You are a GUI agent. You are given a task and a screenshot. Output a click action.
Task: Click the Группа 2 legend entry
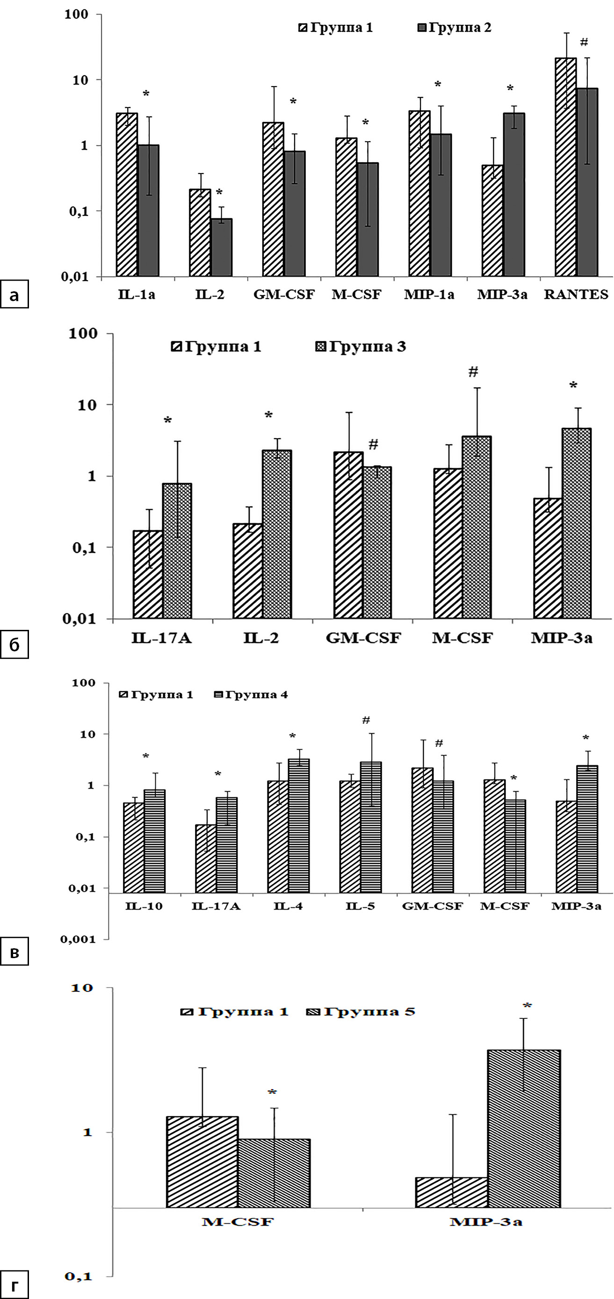454,28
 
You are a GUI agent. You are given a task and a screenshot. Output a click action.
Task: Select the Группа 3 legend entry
361,347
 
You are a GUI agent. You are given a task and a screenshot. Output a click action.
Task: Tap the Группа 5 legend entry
361,1011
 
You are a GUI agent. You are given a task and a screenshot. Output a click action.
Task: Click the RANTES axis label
576,295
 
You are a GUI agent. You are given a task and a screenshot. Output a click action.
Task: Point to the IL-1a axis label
137,295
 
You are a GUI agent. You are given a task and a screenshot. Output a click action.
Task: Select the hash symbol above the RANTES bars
584,42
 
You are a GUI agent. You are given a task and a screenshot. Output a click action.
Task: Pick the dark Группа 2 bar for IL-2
221,247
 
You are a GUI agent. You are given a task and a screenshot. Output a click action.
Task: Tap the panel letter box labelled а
14,294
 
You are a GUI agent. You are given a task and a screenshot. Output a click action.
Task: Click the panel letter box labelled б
14,644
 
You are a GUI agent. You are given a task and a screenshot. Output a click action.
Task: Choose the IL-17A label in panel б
161,638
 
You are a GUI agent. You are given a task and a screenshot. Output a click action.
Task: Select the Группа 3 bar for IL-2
277,534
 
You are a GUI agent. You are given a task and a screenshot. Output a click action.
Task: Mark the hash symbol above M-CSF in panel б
473,372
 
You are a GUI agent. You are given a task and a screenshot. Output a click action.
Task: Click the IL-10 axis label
144,906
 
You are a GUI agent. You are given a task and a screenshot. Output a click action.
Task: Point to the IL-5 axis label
360,906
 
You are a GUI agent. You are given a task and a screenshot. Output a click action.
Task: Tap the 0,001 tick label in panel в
78,939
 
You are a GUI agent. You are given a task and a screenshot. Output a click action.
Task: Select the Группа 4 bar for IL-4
299,825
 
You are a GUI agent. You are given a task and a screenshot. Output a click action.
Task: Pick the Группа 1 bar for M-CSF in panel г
202,1162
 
